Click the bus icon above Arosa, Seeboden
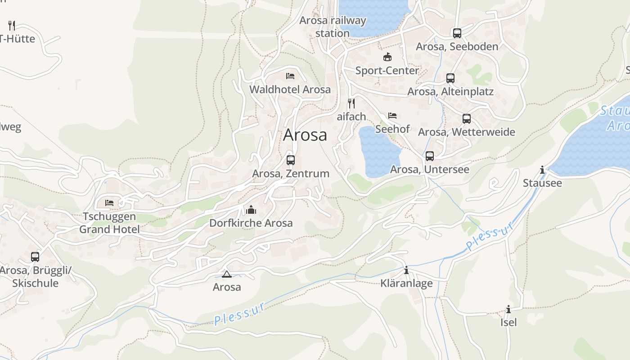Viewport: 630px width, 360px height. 457,33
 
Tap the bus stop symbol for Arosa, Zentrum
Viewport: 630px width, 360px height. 291,160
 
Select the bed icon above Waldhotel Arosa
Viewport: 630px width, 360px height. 290,76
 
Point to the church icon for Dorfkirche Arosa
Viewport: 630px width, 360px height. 251,209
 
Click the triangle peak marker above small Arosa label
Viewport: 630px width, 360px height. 226,274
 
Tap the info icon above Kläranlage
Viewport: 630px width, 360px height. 406,270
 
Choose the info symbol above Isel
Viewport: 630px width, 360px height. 508,309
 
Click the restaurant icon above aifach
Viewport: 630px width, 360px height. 351,103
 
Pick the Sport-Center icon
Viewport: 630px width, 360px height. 387,57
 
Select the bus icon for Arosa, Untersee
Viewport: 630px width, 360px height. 430,156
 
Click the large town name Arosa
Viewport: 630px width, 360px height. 305,135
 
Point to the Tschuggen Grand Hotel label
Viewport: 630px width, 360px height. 109,223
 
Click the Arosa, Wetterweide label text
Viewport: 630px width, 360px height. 466,132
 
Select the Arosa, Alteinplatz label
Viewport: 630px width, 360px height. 450,92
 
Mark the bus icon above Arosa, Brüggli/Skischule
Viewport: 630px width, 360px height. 35,257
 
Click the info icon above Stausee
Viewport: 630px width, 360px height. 542,170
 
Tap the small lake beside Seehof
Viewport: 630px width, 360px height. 379,151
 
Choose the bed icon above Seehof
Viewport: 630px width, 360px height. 392,116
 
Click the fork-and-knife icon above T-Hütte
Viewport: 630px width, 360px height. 12,25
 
